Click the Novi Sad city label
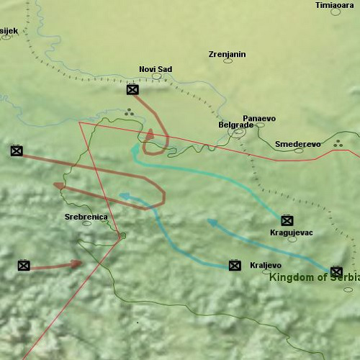click(156, 69)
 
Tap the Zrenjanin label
click(227, 54)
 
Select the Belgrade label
click(235, 125)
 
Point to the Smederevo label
click(297, 144)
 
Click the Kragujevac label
click(291, 233)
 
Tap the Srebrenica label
click(86, 216)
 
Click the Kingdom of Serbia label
click(314, 277)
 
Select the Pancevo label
click(259, 118)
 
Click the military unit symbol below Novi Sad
click(132, 90)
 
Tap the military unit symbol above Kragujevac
click(287, 220)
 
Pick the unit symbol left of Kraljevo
click(234, 266)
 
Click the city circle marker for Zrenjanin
click(228, 60)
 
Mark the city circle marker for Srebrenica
click(87, 223)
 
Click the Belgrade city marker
click(238, 132)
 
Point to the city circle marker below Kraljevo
click(266, 271)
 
